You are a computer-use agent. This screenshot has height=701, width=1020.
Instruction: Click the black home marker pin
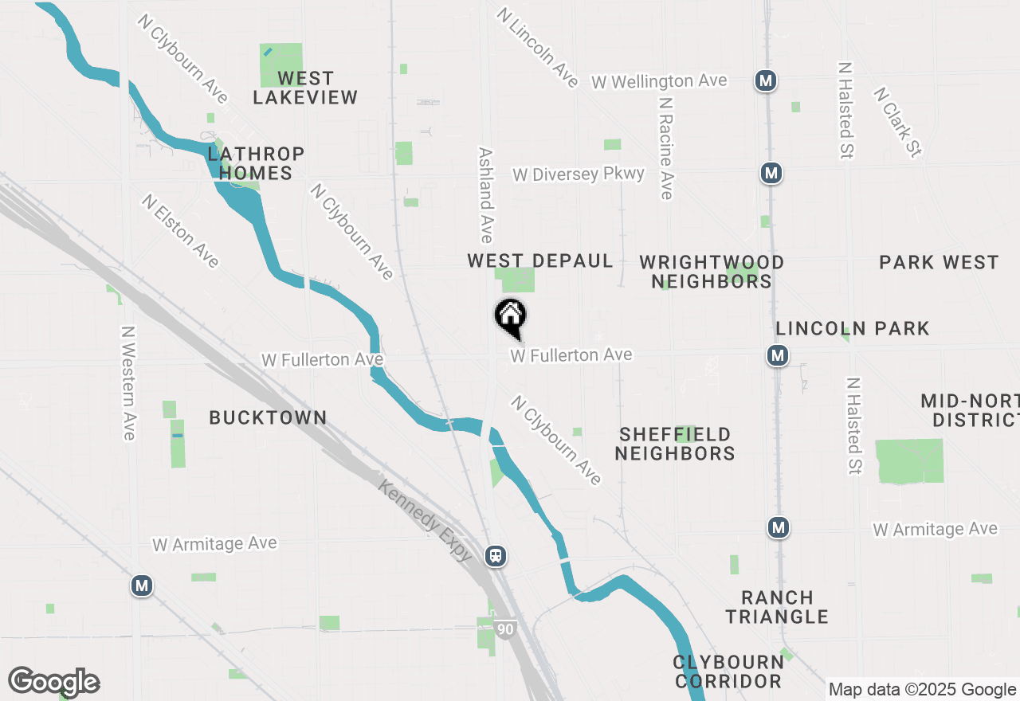pyautogui.click(x=510, y=317)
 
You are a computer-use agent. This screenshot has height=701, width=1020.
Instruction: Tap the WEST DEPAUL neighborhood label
pyautogui.click(x=539, y=261)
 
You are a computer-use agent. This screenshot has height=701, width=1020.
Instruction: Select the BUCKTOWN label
pyautogui.click(x=268, y=417)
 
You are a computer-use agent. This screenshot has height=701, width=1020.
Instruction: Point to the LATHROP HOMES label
pyautogui.click(x=256, y=163)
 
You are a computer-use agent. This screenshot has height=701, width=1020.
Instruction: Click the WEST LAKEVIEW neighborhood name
pyautogui.click(x=305, y=88)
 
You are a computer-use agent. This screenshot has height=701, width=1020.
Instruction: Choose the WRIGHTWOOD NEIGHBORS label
pyautogui.click(x=712, y=272)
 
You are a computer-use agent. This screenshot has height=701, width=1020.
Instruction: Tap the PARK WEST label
pyautogui.click(x=939, y=263)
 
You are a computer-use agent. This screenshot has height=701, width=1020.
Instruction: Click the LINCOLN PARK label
pyautogui.click(x=853, y=328)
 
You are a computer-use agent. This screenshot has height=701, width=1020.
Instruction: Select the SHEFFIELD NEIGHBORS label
pyautogui.click(x=675, y=444)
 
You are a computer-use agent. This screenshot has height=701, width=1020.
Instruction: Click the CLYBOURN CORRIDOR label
pyautogui.click(x=728, y=672)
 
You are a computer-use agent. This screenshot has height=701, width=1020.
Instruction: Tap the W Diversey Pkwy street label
pyautogui.click(x=579, y=174)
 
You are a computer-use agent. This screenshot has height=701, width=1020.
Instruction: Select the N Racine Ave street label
pyautogui.click(x=666, y=149)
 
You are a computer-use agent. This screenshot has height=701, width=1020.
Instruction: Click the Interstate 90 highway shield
pyautogui.click(x=504, y=629)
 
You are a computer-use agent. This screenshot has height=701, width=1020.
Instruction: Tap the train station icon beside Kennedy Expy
pyautogui.click(x=496, y=555)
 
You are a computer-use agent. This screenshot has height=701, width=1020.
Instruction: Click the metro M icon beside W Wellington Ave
pyautogui.click(x=766, y=80)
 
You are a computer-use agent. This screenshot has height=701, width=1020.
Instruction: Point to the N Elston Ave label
pyautogui.click(x=180, y=231)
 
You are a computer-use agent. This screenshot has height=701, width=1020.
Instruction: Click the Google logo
pyautogui.click(x=53, y=682)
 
